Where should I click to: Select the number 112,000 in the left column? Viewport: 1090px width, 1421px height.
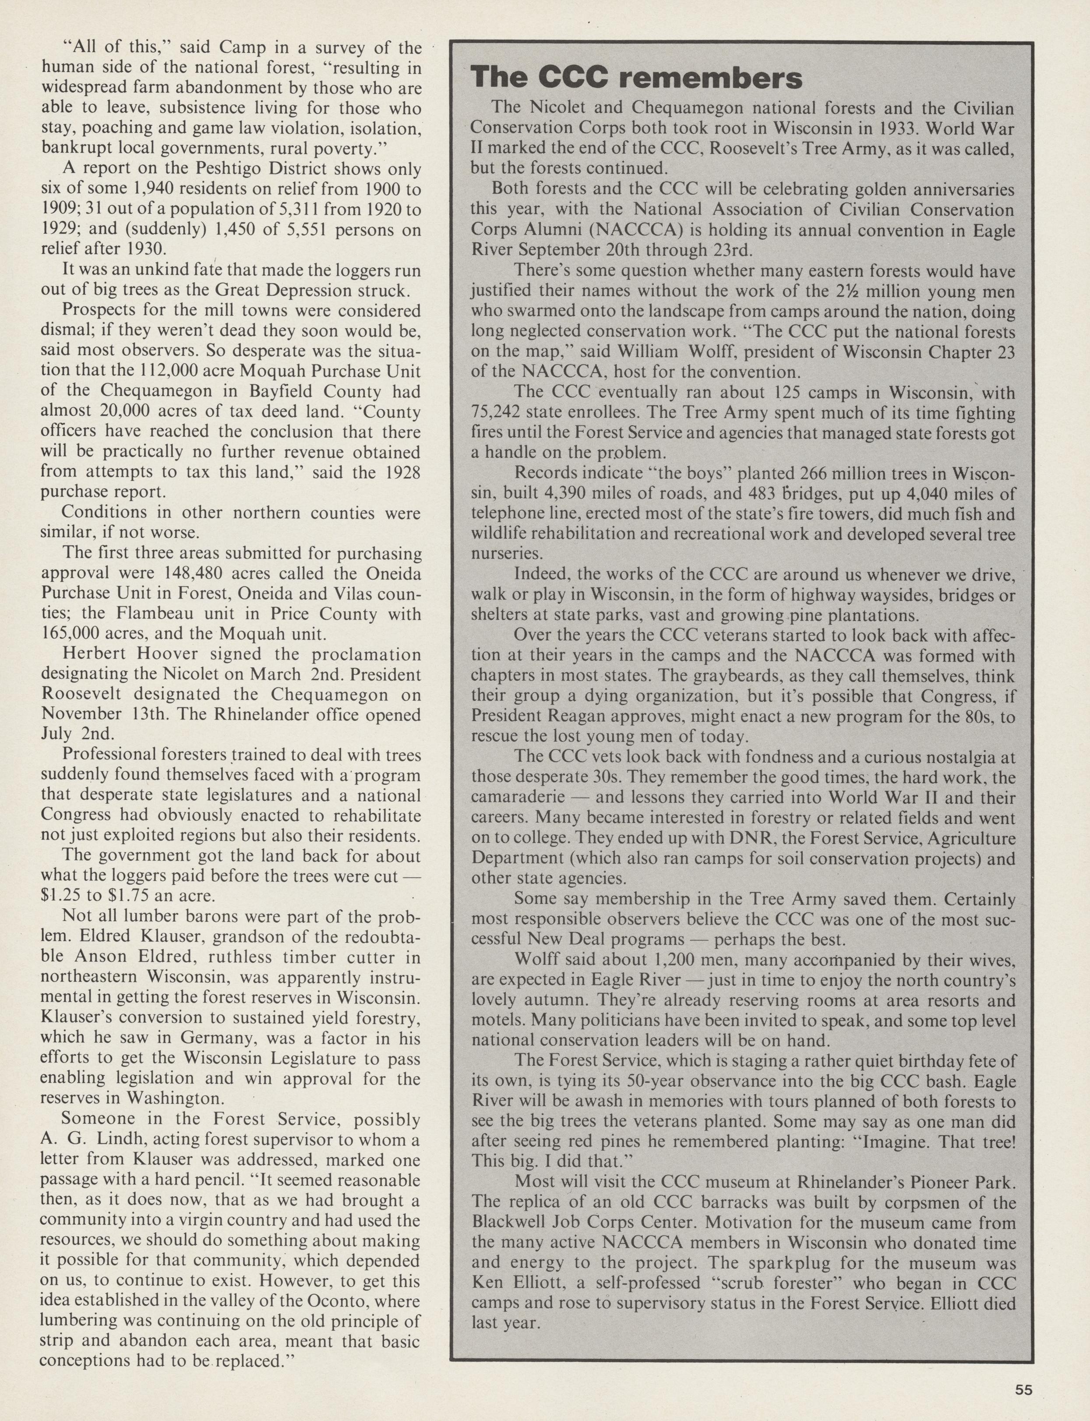(163, 371)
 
